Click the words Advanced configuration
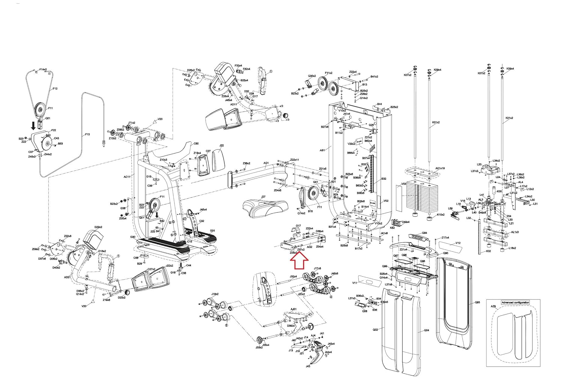pyautogui.click(x=515, y=302)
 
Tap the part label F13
pyautogui.click(x=87, y=134)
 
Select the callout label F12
pyautogui.click(x=55, y=89)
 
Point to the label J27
pyautogui.click(x=263, y=197)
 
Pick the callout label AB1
pyautogui.click(x=322, y=150)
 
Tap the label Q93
pyautogui.click(x=477, y=302)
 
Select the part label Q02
pyautogui.click(x=375, y=330)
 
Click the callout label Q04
pyautogui.click(x=426, y=330)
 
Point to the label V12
pyautogui.click(x=458, y=243)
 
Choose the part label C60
pyautogui.click(x=196, y=144)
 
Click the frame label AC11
pyautogui.click(x=127, y=176)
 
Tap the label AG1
pyautogui.click(x=266, y=163)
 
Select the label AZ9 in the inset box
pyautogui.click(x=493, y=307)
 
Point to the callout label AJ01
pyautogui.click(x=294, y=309)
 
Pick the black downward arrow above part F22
pyautogui.click(x=33, y=125)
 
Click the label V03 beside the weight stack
pyautogui.click(x=404, y=184)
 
